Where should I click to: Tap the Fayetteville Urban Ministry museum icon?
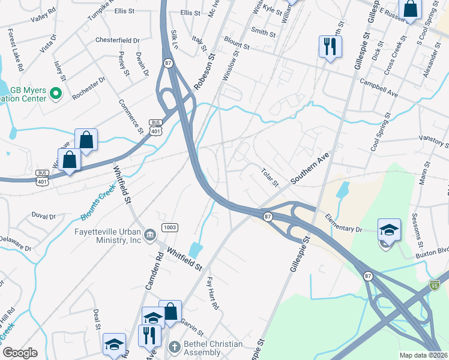tap(149, 232)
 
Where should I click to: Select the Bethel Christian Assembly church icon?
tap(174, 347)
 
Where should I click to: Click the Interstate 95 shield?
tap(435, 282)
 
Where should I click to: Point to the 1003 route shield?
tap(169, 227)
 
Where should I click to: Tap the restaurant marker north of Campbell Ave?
tap(330, 46)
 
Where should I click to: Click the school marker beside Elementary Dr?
tap(388, 229)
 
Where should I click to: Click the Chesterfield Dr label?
tap(118, 40)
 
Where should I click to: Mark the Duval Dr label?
tap(43, 215)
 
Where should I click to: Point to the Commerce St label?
tap(131, 116)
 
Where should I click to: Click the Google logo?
tap(20, 352)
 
